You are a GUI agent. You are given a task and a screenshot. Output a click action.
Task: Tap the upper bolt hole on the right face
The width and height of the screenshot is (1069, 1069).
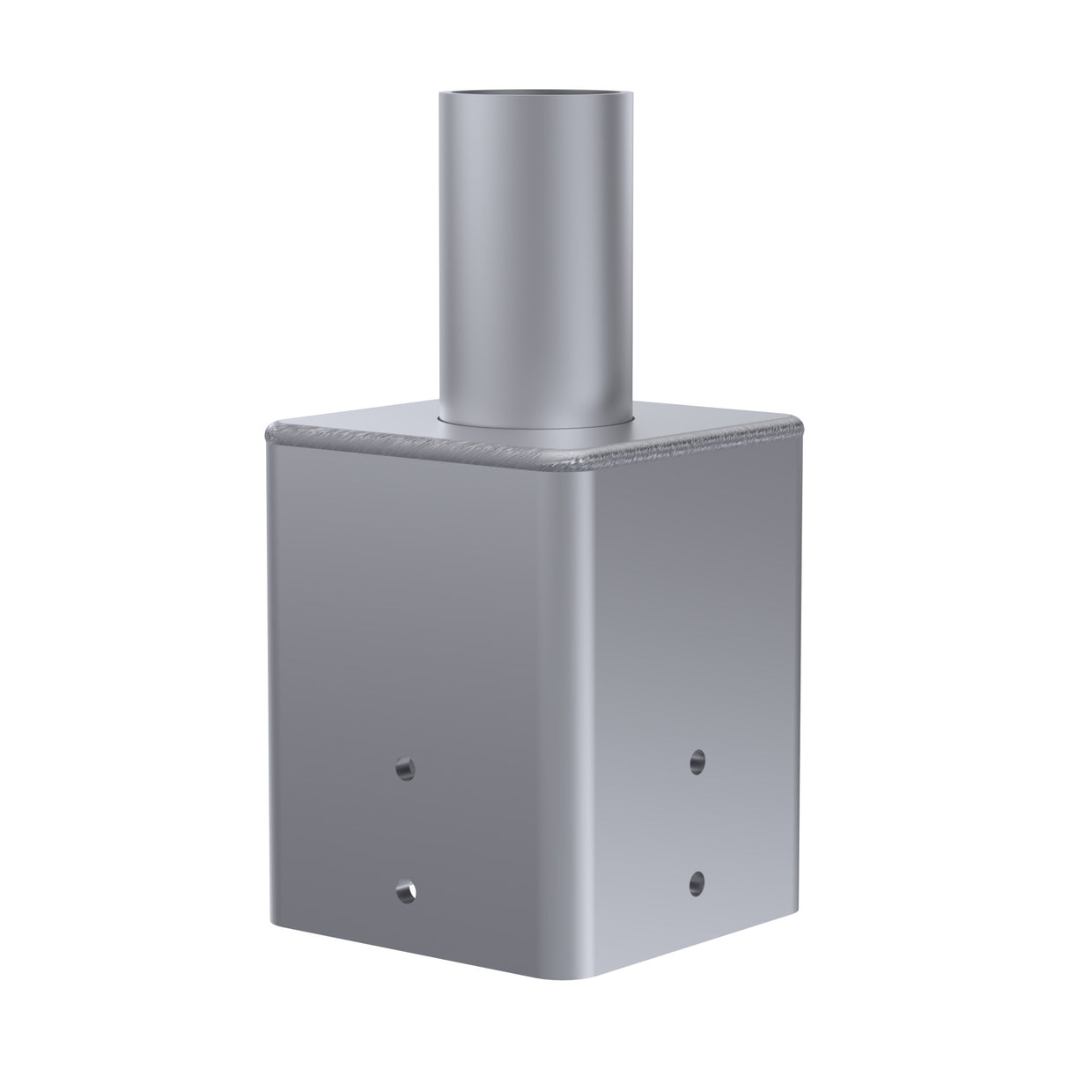pyautogui.click(x=697, y=759)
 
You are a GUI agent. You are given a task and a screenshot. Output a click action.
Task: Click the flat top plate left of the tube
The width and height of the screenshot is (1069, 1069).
pyautogui.click(x=370, y=427)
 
